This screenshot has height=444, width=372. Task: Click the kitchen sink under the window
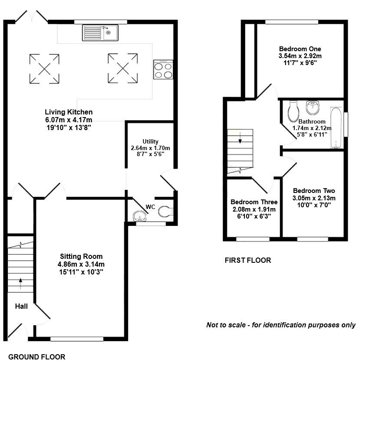100,33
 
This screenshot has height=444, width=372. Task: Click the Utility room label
151,141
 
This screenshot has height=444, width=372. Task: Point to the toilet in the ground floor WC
165,212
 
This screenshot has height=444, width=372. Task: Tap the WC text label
150,207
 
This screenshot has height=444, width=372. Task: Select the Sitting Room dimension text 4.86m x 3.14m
82,264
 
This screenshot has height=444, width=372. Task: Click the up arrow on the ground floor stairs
20,284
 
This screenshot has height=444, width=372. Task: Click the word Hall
21,307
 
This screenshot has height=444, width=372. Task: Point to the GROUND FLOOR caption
37,357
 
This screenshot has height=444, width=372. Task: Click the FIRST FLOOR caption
247,260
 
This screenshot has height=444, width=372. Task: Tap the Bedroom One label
300,49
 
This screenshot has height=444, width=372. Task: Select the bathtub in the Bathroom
336,127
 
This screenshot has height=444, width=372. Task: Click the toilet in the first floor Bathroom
293,111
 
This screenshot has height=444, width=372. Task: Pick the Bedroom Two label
314,191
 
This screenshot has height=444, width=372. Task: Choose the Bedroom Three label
253,202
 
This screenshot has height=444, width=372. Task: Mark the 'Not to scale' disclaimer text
280,325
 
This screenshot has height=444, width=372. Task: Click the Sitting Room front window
77,339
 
